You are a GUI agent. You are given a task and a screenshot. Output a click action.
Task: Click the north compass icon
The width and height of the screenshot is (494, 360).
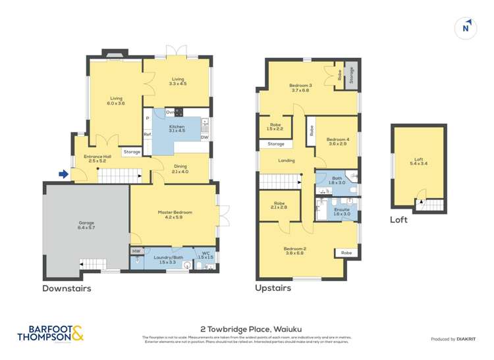[x=466, y=28]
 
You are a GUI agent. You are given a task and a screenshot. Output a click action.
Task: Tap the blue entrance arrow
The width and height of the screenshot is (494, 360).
[x=63, y=174]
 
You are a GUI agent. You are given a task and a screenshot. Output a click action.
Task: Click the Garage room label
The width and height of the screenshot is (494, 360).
[x=86, y=225]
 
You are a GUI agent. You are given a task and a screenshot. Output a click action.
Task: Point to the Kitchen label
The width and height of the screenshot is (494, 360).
[x=177, y=128]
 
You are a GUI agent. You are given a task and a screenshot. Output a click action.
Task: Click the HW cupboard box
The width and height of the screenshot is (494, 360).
[x=136, y=251]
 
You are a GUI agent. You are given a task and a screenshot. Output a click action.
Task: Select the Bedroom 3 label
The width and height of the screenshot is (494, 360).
[x=300, y=88]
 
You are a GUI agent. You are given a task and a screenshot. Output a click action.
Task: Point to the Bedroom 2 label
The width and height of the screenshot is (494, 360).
[x=296, y=251]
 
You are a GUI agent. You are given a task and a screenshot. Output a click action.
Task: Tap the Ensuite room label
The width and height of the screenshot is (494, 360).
[x=342, y=211]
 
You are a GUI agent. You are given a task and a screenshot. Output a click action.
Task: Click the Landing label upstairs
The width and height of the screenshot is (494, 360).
[x=287, y=161]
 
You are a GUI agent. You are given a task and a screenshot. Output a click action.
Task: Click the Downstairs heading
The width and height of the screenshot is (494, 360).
[x=67, y=288]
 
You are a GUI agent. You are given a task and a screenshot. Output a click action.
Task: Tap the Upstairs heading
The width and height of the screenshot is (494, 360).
[x=273, y=288]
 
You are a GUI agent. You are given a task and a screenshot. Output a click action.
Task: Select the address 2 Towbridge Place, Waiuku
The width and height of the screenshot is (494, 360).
[x=246, y=327]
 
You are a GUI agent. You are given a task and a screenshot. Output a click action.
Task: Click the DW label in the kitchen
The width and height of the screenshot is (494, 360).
[x=204, y=137]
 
